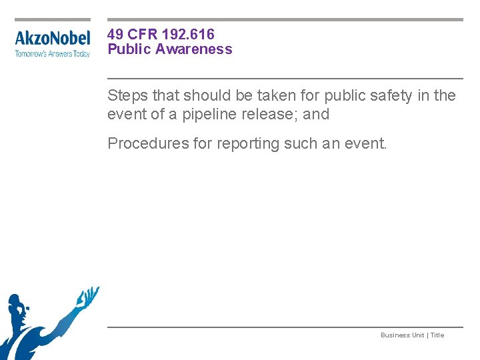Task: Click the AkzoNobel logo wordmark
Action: [52, 38]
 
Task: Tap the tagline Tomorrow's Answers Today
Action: [52, 53]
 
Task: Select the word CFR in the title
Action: [143, 34]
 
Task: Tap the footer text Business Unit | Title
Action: [412, 335]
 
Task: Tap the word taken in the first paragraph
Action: [263, 95]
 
